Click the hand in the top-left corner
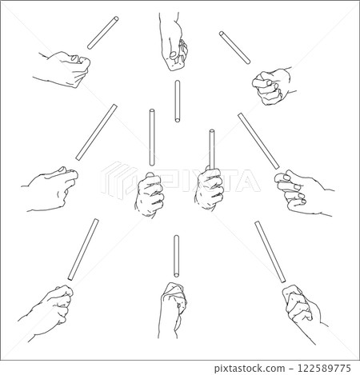(62, 68)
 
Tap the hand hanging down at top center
(174, 38)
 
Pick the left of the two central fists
(150, 195)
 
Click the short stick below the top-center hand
(176, 101)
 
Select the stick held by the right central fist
(213, 148)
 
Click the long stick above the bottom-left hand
(84, 248)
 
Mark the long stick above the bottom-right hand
(270, 251)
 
